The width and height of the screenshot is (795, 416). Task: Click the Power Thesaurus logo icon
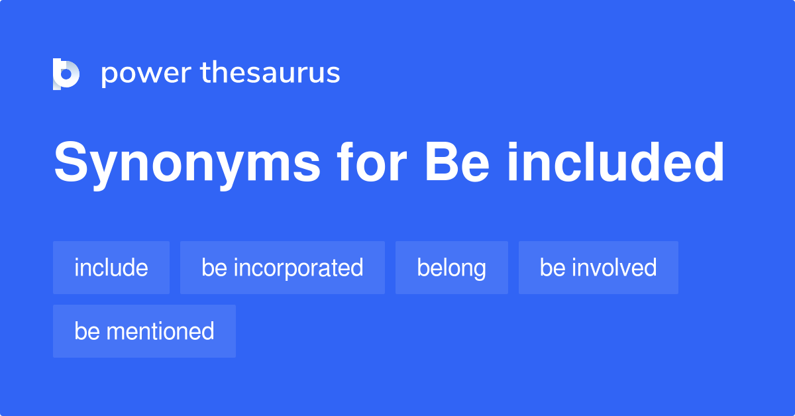[66, 74]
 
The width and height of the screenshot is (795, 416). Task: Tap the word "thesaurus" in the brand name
[270, 73]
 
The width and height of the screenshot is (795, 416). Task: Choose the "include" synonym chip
[111, 268]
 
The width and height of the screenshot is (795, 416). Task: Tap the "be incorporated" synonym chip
[282, 268]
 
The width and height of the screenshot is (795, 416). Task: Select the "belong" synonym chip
[452, 268]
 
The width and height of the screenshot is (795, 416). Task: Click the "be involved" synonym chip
[598, 268]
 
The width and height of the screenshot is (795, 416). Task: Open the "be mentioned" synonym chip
[144, 331]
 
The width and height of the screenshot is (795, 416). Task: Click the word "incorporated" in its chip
[298, 268]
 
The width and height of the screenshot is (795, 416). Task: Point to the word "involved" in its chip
[614, 268]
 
